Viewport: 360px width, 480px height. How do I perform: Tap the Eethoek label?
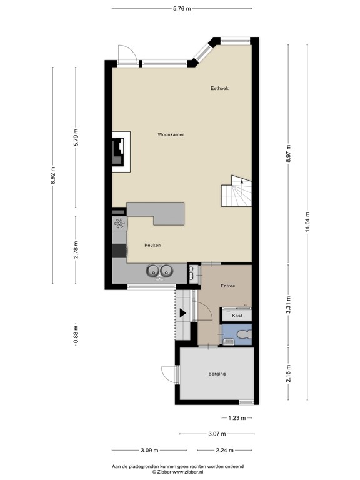coord(219,88)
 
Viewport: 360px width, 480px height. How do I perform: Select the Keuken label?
coord(152,245)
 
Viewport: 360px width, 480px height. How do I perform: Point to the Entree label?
coord(227,286)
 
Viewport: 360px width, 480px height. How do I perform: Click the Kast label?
coord(237,316)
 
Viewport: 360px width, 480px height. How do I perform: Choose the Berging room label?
coord(217,374)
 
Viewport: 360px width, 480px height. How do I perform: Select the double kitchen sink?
coord(159,271)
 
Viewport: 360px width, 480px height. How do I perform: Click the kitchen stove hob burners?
coord(119,224)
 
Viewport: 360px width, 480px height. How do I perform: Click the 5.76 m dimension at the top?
coord(181,8)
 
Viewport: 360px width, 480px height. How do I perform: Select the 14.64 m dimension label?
coord(307,222)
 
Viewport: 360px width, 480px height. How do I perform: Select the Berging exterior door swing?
coord(169,374)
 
